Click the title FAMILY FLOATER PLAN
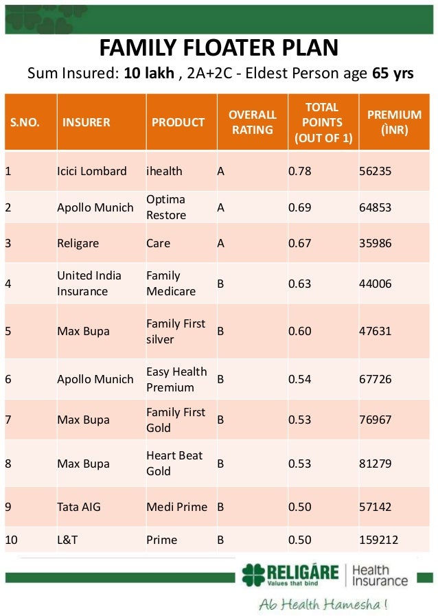point(219,48)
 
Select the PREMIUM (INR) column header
point(394,122)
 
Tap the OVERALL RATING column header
point(252,122)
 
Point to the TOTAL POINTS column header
point(323,122)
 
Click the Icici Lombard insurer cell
point(91,171)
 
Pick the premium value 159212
point(379,540)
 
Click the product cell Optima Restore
point(166,207)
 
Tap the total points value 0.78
point(299,171)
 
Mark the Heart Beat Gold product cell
point(174,464)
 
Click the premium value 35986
point(375,243)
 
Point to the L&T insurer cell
point(67,540)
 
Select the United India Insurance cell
point(89,283)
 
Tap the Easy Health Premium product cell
point(176,379)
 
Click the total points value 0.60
point(299,331)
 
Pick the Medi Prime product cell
point(176,507)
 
